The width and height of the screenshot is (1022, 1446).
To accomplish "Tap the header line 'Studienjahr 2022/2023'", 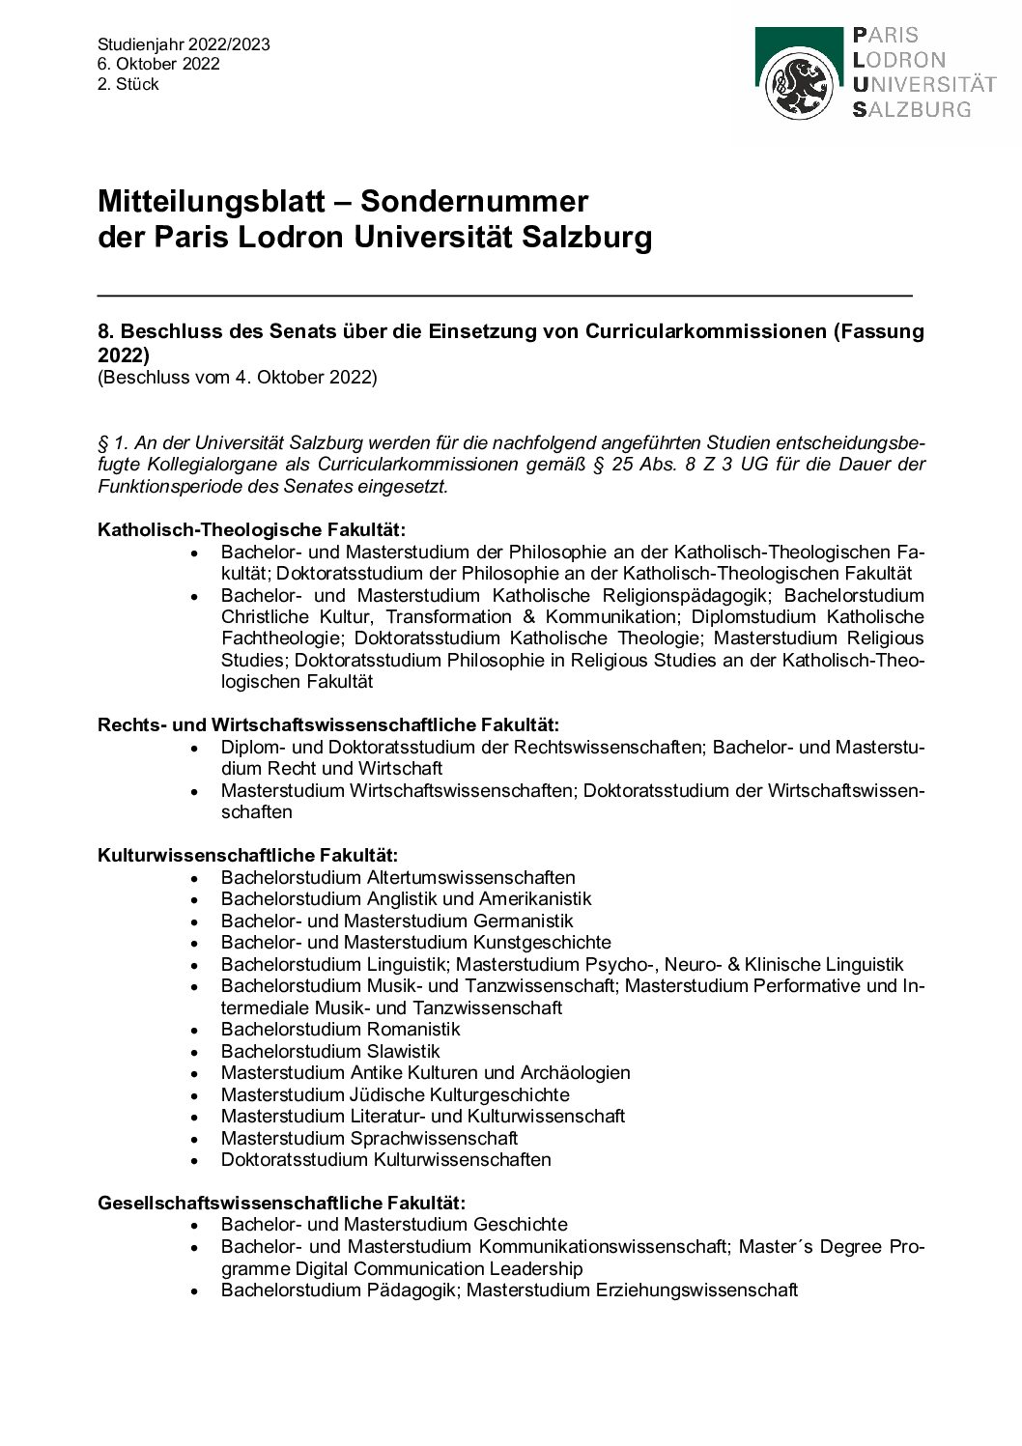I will tap(184, 44).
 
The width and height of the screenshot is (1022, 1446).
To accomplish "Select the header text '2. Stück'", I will tap(128, 84).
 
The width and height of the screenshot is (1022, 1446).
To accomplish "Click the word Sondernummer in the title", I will tap(474, 201).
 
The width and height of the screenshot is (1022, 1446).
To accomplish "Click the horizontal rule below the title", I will tap(504, 295).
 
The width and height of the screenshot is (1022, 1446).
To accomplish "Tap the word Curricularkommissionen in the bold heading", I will tap(705, 331).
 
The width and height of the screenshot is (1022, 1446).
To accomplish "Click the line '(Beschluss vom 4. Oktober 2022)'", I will tap(237, 377).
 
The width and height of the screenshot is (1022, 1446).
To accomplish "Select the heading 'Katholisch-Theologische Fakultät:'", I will tap(251, 530).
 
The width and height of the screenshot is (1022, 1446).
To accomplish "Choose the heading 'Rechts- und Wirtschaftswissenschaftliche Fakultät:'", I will tap(328, 724).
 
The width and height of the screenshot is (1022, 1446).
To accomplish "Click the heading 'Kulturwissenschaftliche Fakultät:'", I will tap(247, 855).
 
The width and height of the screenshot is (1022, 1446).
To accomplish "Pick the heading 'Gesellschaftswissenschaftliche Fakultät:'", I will tap(281, 1203).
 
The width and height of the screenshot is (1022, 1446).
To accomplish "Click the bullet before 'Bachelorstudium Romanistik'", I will tap(196, 1031).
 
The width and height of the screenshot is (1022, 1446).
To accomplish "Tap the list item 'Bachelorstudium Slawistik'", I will tap(329, 1051).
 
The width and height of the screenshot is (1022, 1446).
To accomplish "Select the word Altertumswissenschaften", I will tap(470, 877).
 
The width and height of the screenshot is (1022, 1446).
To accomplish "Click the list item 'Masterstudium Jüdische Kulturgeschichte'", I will tap(394, 1094).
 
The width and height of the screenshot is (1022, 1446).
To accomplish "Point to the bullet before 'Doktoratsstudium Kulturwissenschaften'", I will tap(196, 1161).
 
